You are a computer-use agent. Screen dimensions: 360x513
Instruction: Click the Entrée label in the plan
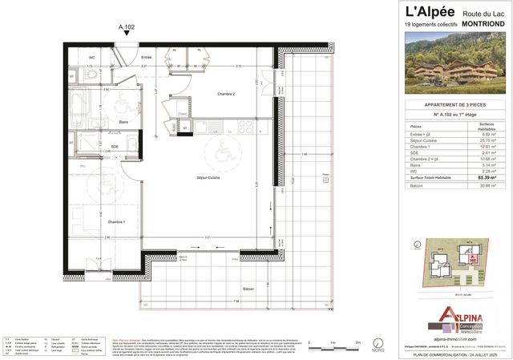(147, 58)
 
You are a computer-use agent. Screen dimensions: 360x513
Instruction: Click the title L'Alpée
(430, 13)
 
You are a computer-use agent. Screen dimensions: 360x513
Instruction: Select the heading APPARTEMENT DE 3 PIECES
(454, 106)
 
